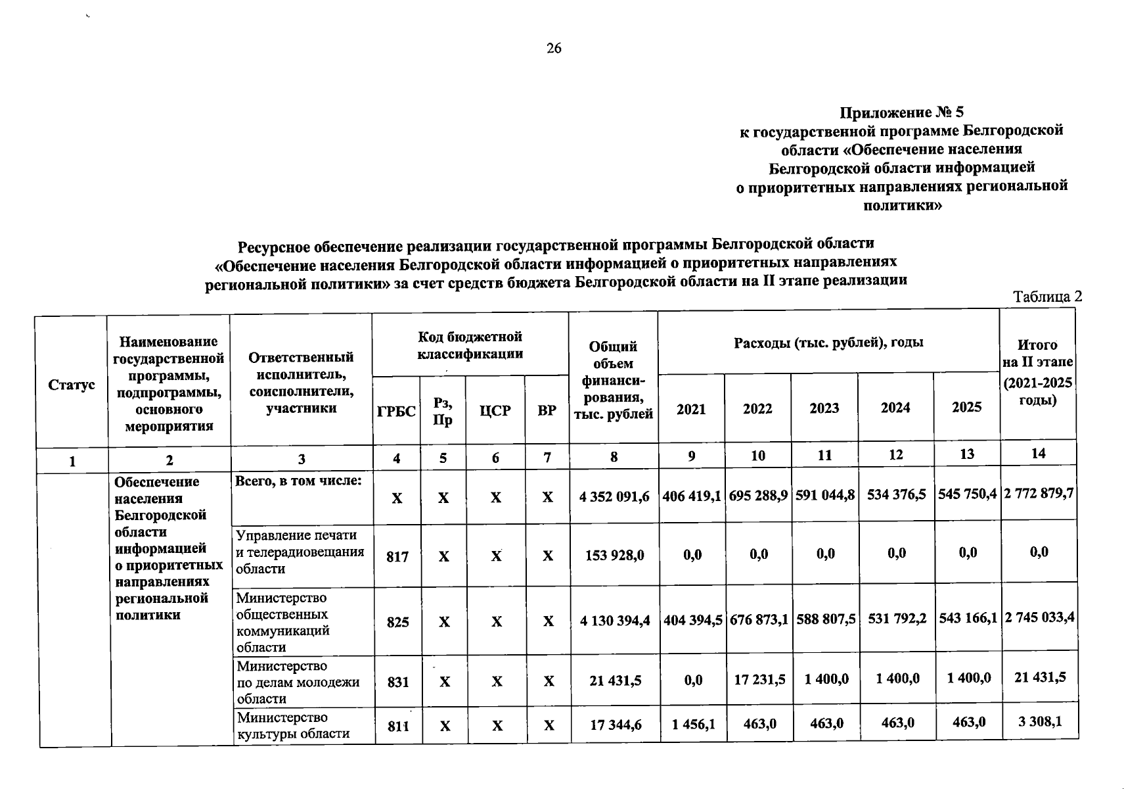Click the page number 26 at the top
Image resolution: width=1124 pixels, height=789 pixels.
tap(554, 48)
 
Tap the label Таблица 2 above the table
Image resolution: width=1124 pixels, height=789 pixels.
tap(1047, 297)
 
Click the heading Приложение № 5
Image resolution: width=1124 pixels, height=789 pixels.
tap(901, 112)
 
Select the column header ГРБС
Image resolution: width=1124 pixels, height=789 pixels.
tap(396, 412)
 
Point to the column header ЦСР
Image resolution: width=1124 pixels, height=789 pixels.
tap(495, 411)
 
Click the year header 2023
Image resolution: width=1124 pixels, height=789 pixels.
tap(824, 408)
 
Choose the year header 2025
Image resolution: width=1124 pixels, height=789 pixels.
tap(966, 408)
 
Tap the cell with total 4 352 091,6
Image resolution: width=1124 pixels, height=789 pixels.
tap(614, 497)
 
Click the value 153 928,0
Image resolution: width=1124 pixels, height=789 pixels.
tap(614, 556)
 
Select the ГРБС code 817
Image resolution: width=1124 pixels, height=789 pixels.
tap(397, 557)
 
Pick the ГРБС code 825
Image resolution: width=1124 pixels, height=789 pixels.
tap(397, 621)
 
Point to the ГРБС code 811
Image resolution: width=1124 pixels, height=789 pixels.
tap(398, 726)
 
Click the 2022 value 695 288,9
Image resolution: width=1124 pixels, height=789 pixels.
tap(758, 495)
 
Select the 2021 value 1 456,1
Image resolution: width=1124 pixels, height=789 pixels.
tap(694, 724)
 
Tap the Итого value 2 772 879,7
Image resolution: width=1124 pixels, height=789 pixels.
tap(1039, 493)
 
